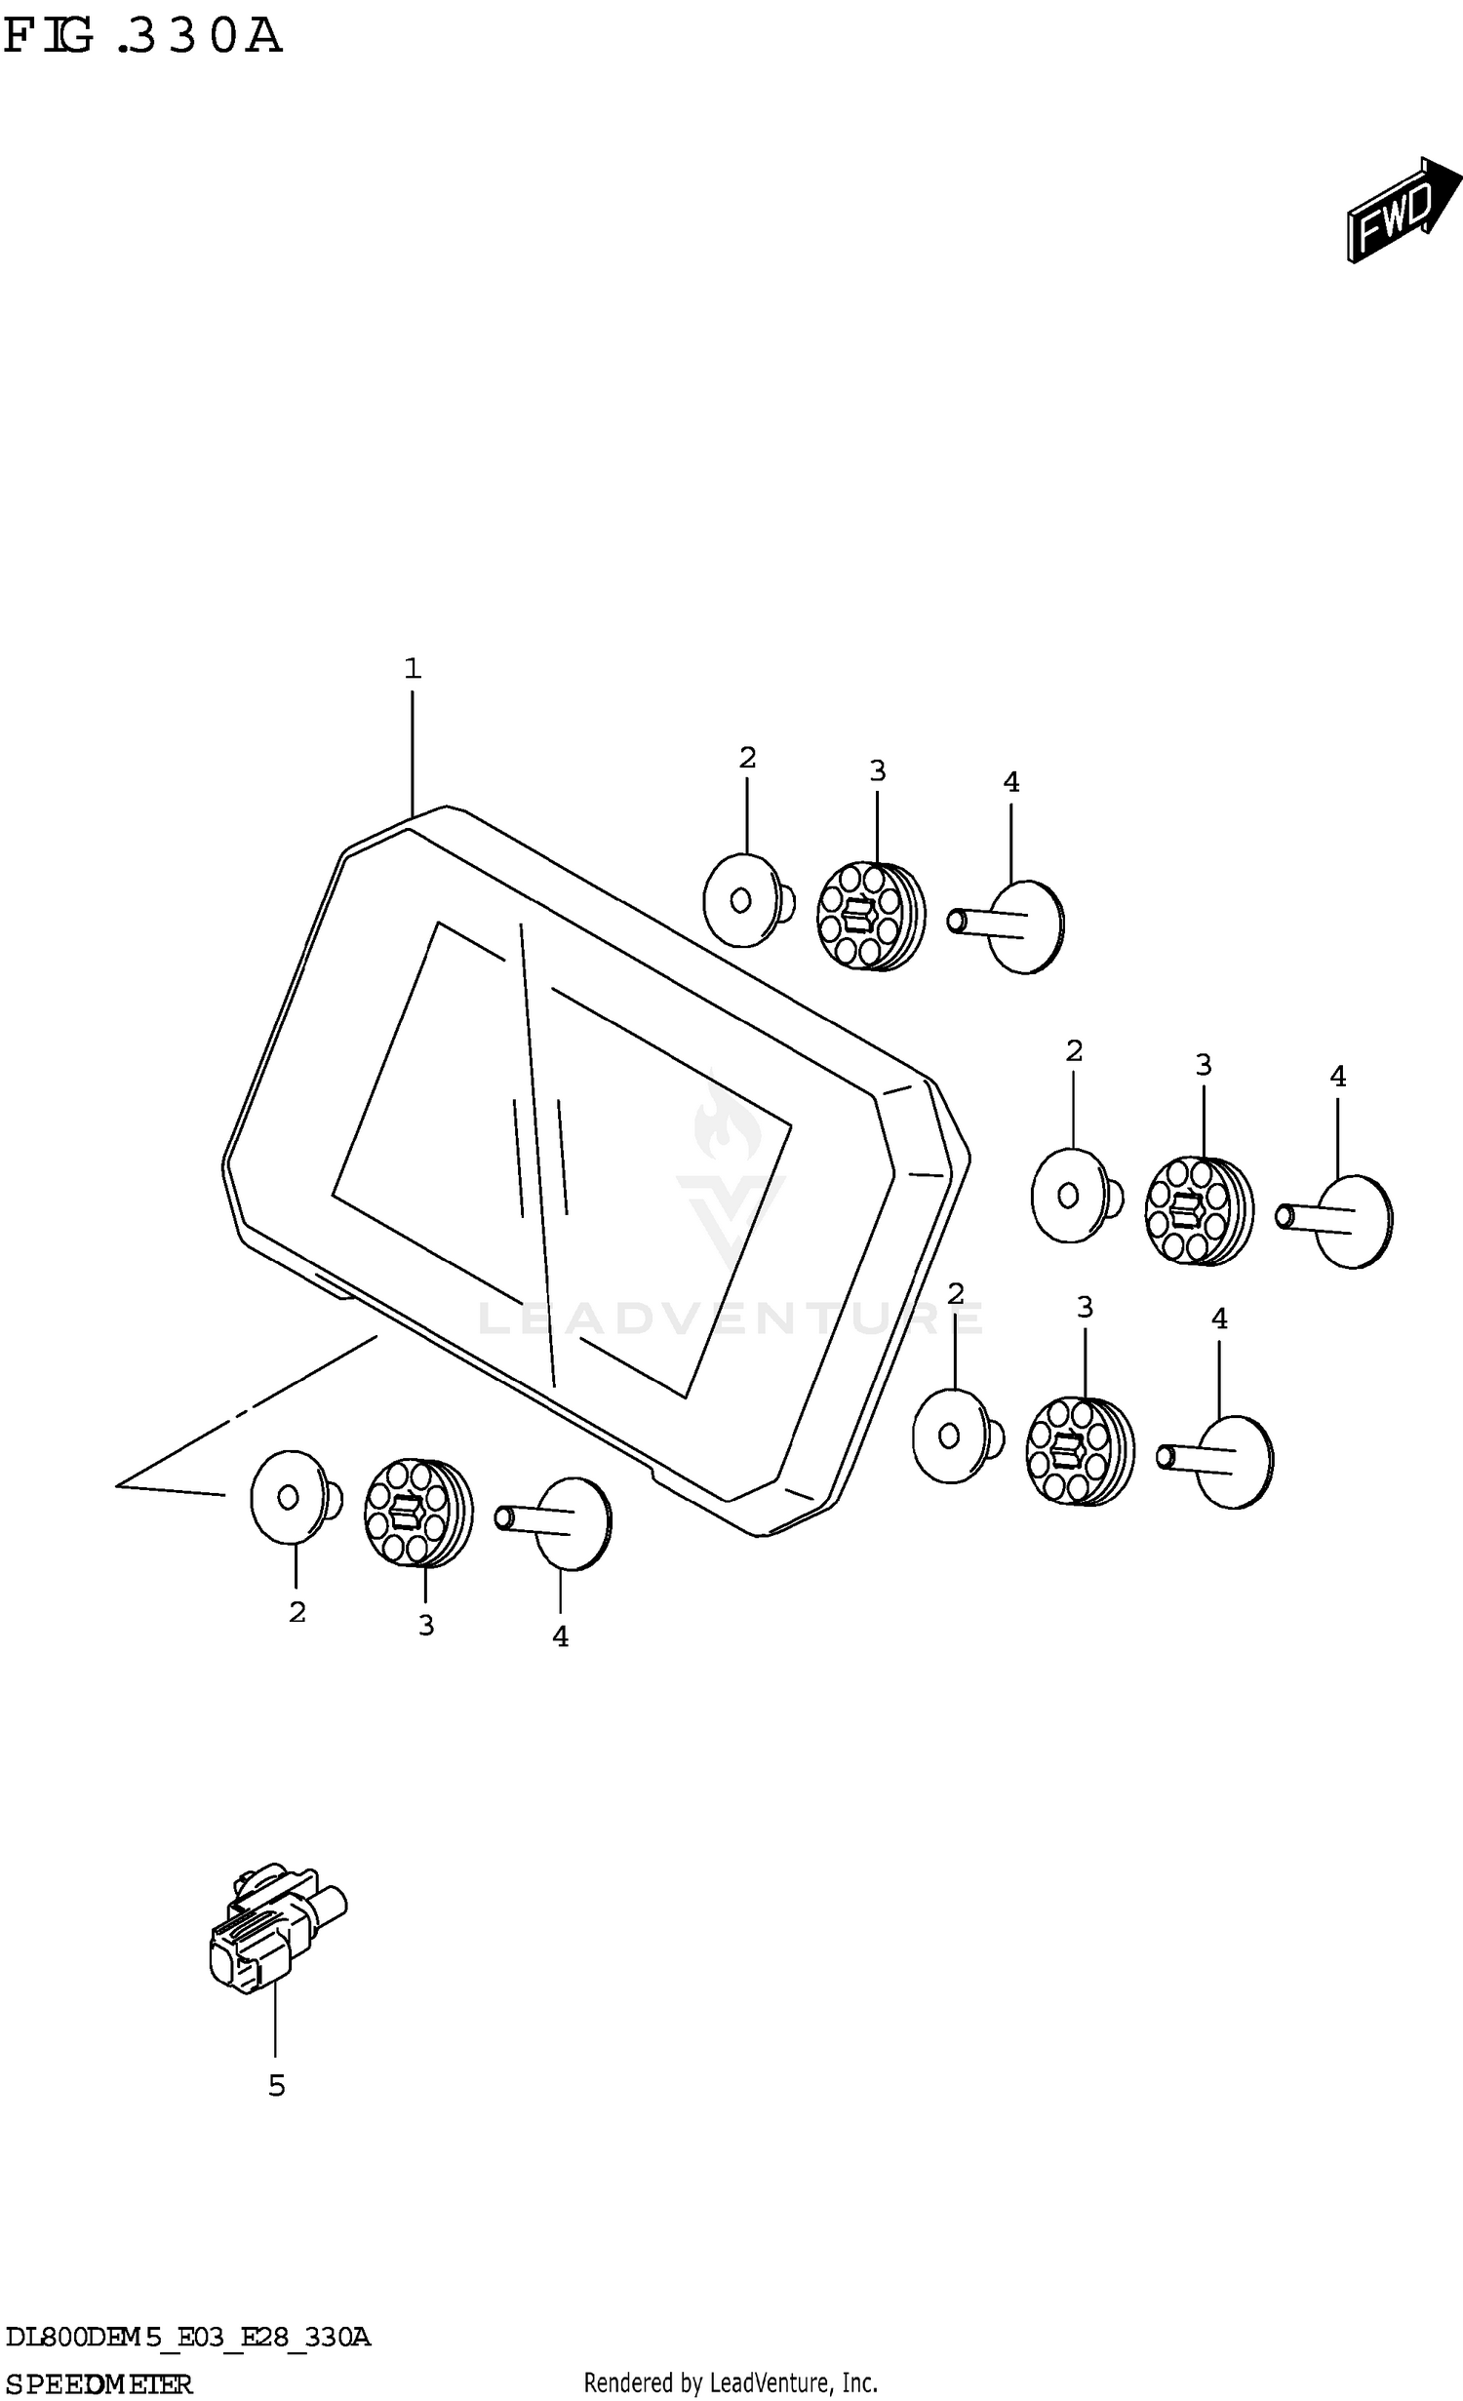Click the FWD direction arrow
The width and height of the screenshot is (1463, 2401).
pyautogui.click(x=1404, y=209)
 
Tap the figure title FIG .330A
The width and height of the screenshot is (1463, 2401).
pyautogui.click(x=142, y=36)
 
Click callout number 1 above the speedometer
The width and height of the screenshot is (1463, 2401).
pyautogui.click(x=413, y=668)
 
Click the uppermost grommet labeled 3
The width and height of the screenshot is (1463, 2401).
pyautogui.click(x=871, y=916)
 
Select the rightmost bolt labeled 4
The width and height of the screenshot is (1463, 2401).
pyautogui.click(x=1335, y=1221)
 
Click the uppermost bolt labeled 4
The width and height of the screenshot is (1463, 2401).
pyautogui.click(x=1007, y=925)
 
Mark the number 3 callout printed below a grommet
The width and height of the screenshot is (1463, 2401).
pyautogui.click(x=426, y=1625)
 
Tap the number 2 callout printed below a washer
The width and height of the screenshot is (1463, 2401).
pyautogui.click(x=297, y=1612)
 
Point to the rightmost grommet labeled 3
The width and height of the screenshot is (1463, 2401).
pyautogui.click(x=1200, y=1210)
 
